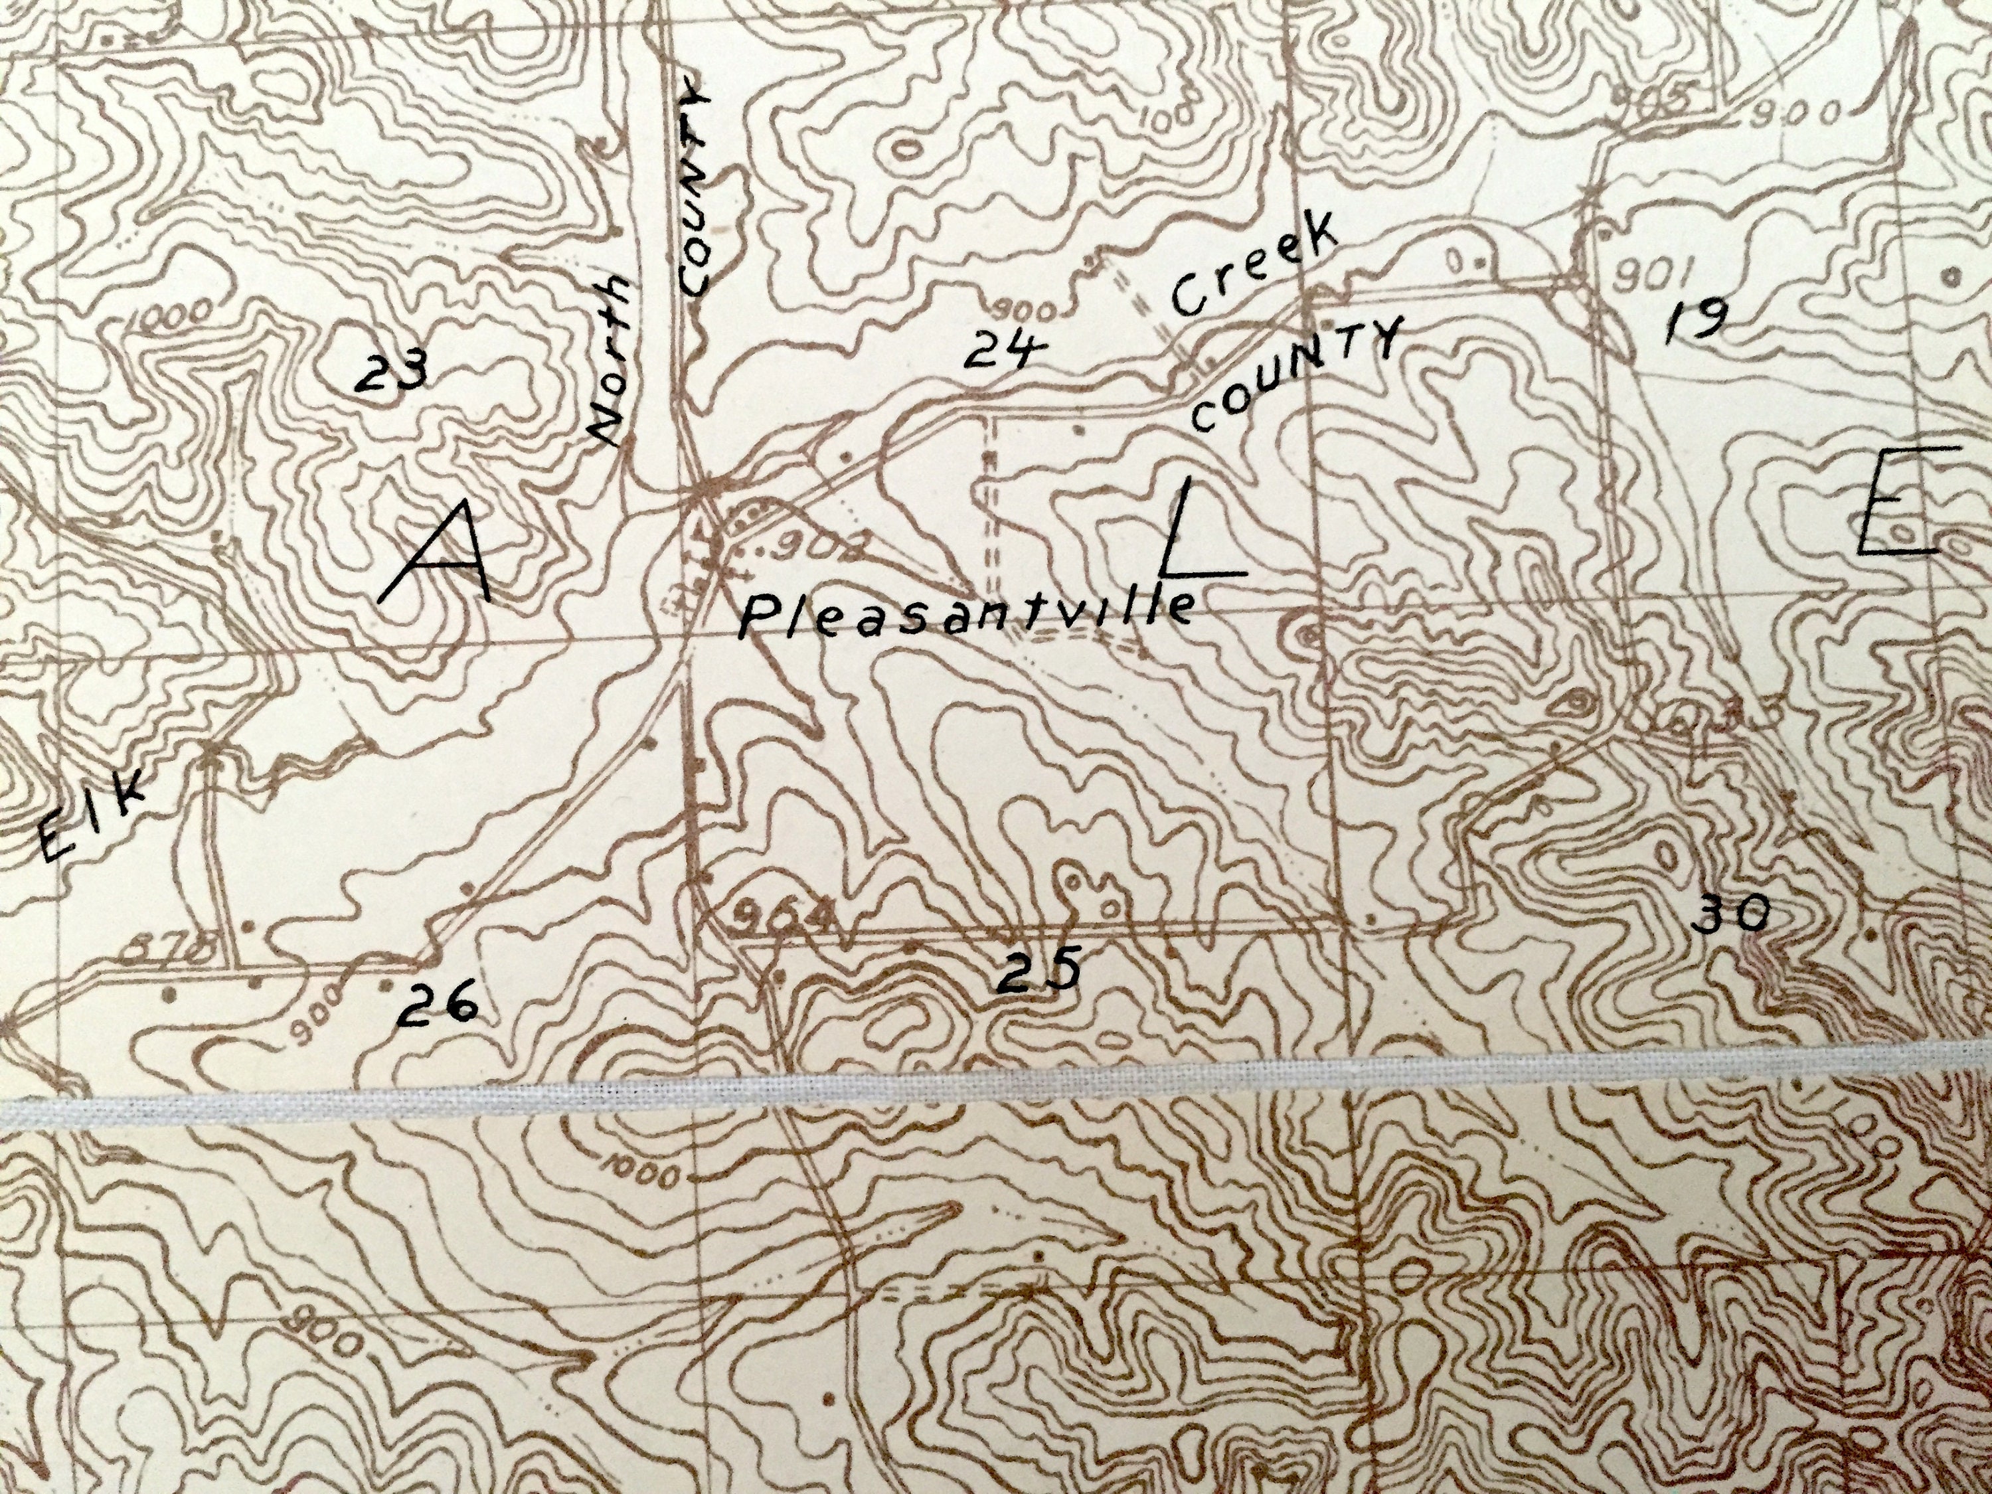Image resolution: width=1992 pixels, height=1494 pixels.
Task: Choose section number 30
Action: [x=1730, y=915]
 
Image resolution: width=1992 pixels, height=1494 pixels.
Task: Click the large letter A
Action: [x=437, y=554]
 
